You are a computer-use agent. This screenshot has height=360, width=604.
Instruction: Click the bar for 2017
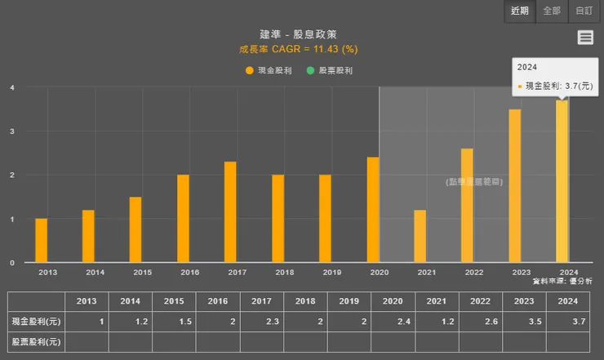(x=230, y=212)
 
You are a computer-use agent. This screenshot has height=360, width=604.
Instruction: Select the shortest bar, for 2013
(x=41, y=241)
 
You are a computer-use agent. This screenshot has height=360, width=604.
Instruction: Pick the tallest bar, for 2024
(x=562, y=181)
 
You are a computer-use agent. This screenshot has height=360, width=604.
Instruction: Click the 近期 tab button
(x=520, y=11)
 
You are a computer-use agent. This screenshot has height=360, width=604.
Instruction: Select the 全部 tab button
(x=552, y=11)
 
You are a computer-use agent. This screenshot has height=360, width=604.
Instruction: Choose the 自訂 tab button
(x=584, y=11)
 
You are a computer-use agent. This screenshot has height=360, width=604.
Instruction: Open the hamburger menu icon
(x=584, y=38)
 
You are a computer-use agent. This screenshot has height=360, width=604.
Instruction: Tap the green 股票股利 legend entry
(x=330, y=71)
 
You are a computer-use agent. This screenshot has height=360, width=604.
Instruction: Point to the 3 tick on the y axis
(x=12, y=131)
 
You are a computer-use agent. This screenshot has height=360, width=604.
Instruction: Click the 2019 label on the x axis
(x=331, y=272)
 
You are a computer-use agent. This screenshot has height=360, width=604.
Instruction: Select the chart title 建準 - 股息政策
(x=298, y=34)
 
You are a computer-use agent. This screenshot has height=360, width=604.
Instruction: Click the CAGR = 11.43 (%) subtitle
(x=298, y=49)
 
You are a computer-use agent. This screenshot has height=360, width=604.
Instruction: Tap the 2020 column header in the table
(x=393, y=301)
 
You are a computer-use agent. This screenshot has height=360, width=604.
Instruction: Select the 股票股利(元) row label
(x=35, y=341)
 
